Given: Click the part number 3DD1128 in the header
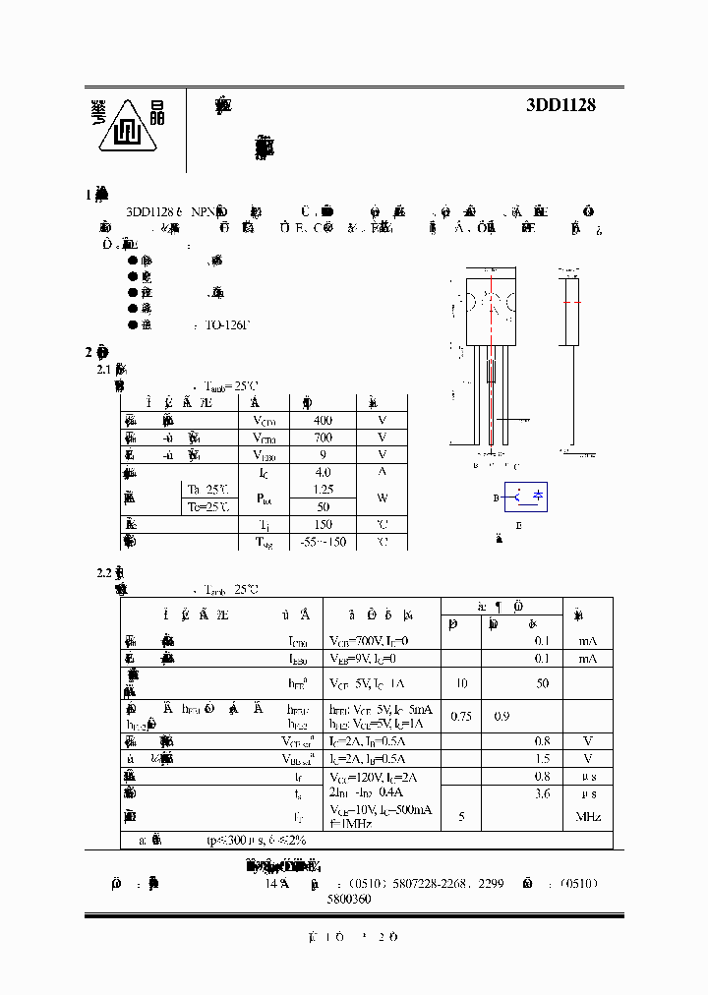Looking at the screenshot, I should click(x=561, y=105).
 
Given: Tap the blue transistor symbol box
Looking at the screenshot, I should click(x=526, y=497).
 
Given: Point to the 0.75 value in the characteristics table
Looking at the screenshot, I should click(x=460, y=717).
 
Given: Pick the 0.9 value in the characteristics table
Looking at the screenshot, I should click(x=501, y=717).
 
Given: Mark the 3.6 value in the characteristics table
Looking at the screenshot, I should click(x=542, y=793).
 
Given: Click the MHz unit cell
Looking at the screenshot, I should click(x=588, y=816).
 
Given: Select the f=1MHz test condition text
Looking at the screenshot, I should click(x=352, y=824).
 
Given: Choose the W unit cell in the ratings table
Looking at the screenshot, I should click(x=382, y=497).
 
